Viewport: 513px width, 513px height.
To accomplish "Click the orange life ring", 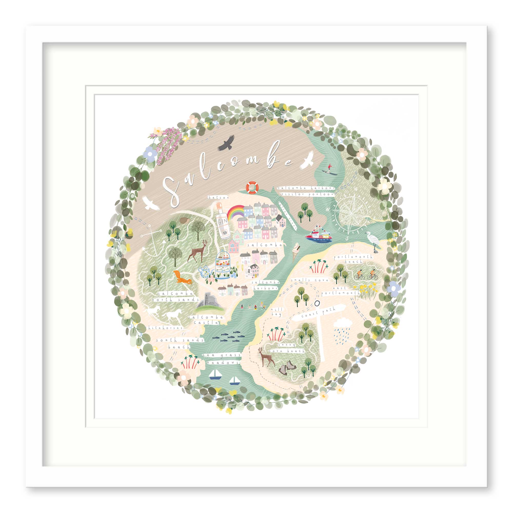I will (x=252, y=188).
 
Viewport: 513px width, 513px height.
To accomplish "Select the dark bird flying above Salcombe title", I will (x=226, y=143).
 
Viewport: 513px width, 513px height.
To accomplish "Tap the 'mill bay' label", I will (x=276, y=312).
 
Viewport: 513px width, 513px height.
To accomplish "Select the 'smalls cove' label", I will (x=310, y=280).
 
